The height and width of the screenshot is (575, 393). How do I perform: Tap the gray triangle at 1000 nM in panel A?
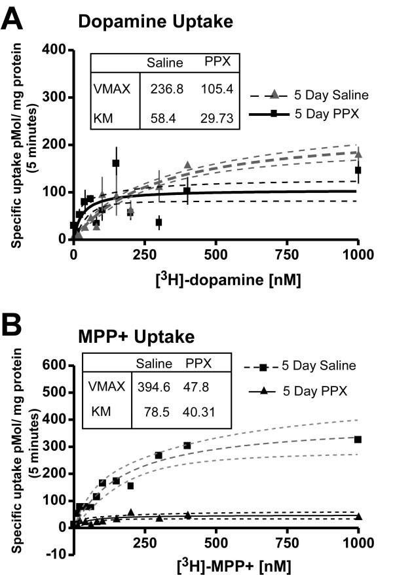tap(358, 154)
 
